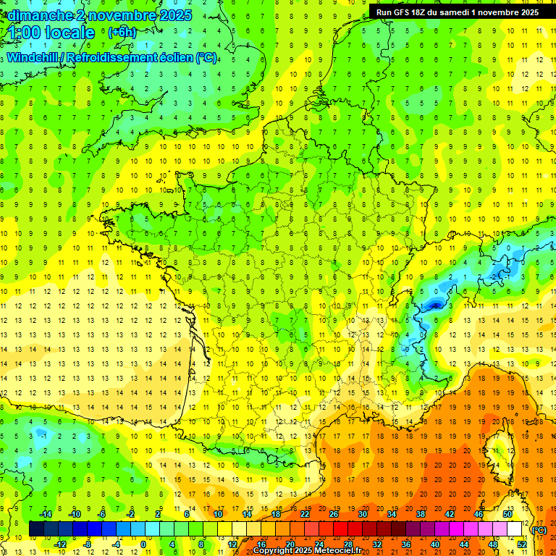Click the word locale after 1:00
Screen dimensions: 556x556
[x=69, y=33]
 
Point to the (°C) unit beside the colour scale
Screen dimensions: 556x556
[x=539, y=530]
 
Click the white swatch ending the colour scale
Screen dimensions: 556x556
[x=515, y=529]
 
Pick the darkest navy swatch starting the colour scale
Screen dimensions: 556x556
[x=36, y=529]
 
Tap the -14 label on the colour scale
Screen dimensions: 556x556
[x=45, y=514]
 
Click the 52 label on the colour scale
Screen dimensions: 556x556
[x=521, y=544]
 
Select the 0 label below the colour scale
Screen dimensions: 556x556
[x=143, y=544]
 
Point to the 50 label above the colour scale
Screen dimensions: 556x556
[x=507, y=514]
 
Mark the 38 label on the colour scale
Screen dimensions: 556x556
[x=420, y=514]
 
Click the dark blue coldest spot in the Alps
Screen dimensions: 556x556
[x=434, y=305]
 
